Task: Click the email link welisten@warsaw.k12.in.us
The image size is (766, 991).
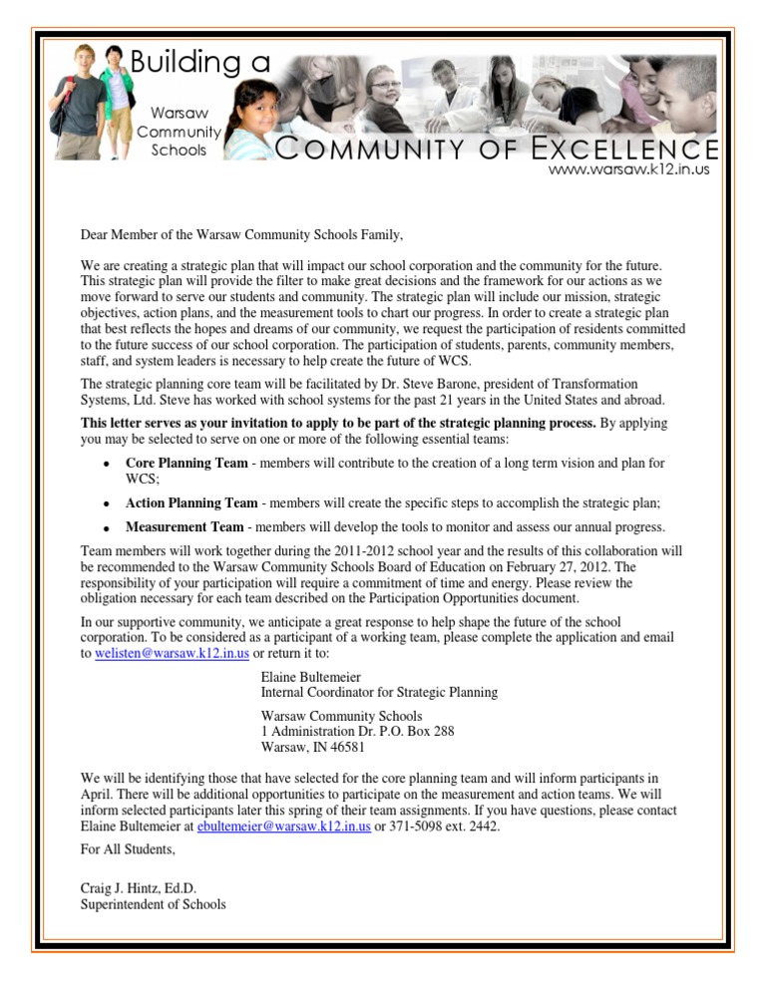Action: tap(165, 653)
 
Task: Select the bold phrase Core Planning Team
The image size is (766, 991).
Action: tap(187, 464)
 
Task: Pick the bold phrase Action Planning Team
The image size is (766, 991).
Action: tap(191, 502)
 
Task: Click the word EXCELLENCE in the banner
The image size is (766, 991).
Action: tap(618, 150)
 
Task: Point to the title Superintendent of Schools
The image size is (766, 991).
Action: tap(153, 904)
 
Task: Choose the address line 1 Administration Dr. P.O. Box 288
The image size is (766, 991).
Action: tap(357, 731)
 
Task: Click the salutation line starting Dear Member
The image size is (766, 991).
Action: tap(242, 235)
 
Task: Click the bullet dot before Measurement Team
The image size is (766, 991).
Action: tap(105, 528)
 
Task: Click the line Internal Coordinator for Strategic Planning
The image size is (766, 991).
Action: tap(379, 691)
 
